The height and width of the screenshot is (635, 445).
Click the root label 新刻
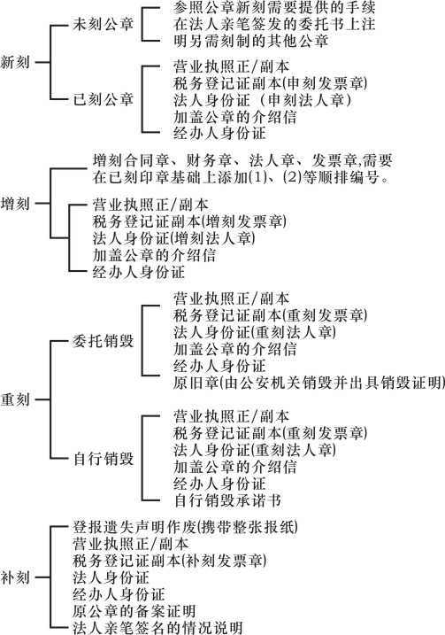pos(15,62)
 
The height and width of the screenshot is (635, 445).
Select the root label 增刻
pos(15,204)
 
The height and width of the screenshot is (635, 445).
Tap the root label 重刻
pos(15,399)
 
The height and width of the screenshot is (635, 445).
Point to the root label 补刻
pos(15,577)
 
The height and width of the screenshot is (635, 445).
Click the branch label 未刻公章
pos(104,24)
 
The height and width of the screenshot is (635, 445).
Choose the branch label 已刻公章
pos(104,99)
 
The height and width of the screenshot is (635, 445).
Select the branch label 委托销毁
pos(104,341)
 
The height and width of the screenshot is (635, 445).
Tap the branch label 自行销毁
pos(104,459)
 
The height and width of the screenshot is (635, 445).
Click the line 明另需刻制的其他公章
pos(251,41)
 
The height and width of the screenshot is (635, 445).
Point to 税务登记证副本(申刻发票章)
pos(270,83)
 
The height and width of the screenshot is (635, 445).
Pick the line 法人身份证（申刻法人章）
pos(262,99)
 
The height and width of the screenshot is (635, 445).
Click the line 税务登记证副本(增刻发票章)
pos(189,221)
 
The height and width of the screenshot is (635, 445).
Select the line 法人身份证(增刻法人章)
pos(174,237)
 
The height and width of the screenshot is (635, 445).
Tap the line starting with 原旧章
pos(309,383)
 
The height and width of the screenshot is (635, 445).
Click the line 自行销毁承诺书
pos(227,500)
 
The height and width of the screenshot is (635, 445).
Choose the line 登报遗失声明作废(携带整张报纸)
pos(185,527)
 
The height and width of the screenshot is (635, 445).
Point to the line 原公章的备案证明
pos(134,611)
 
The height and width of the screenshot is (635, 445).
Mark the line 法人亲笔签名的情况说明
pos(157,627)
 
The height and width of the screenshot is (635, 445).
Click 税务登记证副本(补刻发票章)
pos(170,561)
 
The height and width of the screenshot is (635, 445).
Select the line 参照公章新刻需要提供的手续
pos(274,7)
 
